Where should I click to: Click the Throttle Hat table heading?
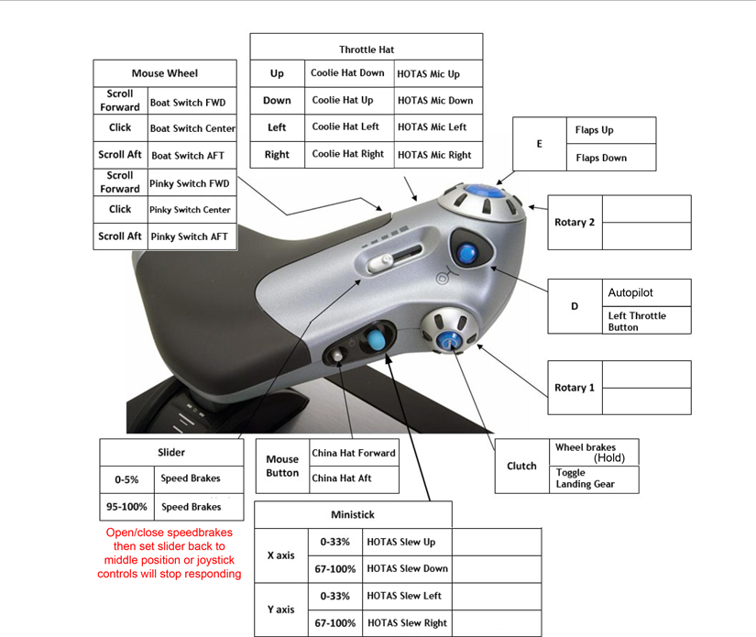367,49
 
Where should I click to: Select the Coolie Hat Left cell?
345,127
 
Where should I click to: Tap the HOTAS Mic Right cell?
434,155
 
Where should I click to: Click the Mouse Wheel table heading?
165,73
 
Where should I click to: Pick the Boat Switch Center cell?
192,128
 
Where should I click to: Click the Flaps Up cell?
595,130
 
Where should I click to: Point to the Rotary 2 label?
575,223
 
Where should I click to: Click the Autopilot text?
630,293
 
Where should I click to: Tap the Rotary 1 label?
575,388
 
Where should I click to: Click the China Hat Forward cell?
354,453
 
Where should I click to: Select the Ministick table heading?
353,514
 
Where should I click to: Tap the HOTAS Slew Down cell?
407,568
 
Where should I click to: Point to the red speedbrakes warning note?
170,553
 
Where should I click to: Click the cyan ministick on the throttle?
374,342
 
